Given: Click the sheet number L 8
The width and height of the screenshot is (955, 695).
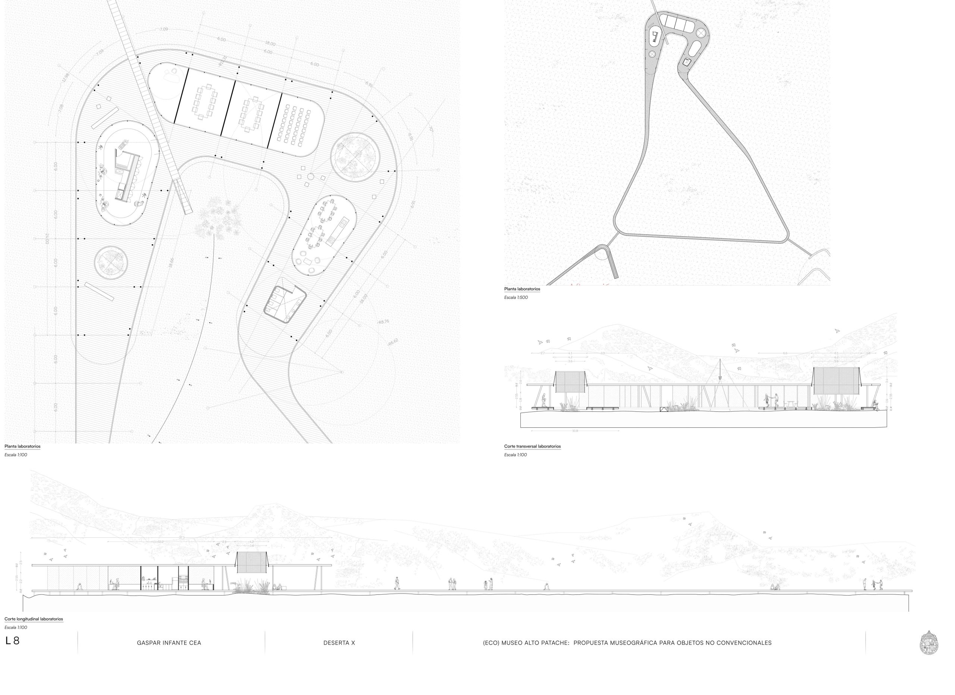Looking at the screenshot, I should [12, 641].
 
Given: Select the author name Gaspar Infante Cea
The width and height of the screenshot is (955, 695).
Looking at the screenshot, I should [169, 643].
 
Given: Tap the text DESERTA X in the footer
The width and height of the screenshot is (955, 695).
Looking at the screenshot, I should [339, 643].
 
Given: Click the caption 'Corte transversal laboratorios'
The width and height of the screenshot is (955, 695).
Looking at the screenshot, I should [532, 446].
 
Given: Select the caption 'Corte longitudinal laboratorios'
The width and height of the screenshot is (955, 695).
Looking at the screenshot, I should [34, 619].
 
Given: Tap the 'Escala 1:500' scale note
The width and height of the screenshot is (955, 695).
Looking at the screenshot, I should [516, 297].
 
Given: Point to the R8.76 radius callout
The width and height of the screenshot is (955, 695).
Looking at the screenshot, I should [383, 322].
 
